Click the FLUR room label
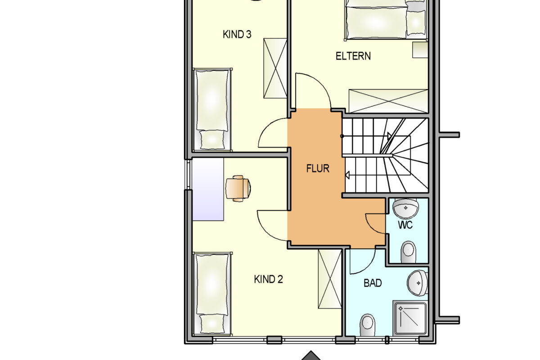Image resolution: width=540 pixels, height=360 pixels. point(318,168)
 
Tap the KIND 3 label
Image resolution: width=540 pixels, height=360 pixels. point(237,34)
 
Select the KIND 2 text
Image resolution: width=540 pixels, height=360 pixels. point(268,279)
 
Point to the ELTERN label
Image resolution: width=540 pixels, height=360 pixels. point(353,56)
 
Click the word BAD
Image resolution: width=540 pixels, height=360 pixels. point(373,283)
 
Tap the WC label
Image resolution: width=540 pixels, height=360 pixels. point(405,225)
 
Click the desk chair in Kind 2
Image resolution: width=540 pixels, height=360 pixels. point(238,188)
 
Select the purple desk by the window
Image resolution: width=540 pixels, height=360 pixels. point(208,189)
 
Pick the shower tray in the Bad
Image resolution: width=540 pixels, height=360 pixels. point(410,318)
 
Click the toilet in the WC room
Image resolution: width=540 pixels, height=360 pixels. point(408,252)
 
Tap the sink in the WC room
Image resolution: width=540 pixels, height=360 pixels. point(405,208)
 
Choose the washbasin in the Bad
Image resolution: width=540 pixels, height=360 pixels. point(418,283)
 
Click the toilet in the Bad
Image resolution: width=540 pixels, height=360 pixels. point(367,325)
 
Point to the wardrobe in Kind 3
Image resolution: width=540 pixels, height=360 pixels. point(275,68)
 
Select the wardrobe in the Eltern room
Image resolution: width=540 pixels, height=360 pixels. point(388,101)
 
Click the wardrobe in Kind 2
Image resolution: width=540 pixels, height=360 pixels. point(330,279)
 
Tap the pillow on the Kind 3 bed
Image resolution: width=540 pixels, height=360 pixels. point(212,140)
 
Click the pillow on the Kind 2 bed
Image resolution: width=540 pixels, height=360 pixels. point(212,324)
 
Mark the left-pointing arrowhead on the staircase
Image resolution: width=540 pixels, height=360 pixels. point(347,175)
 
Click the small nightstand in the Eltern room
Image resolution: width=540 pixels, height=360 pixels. point(420,50)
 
